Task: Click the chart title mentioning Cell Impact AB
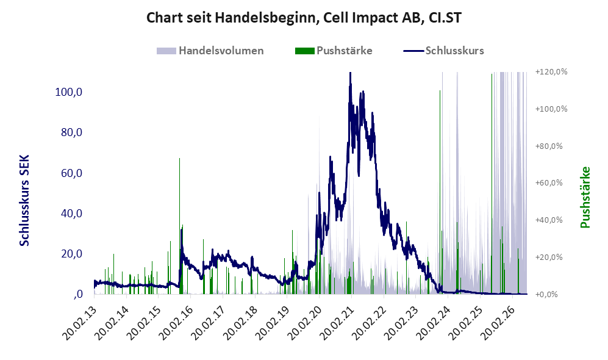tap(304, 18)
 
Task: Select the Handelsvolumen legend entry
tap(210, 51)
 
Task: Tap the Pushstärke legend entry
tap(334, 51)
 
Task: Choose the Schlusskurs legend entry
tap(443, 51)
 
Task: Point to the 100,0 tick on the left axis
tap(69, 92)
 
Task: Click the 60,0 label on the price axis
tap(71, 173)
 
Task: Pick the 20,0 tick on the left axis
tap(71, 254)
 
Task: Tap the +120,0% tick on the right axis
tap(551, 72)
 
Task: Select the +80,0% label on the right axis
tap(549, 146)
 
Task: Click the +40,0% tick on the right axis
tap(549, 220)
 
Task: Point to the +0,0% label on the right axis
tap(546, 295)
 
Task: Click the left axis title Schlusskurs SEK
tap(24, 201)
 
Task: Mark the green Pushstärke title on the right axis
tap(585, 198)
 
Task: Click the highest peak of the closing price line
tap(350, 73)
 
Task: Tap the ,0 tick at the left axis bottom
tap(77, 294)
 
